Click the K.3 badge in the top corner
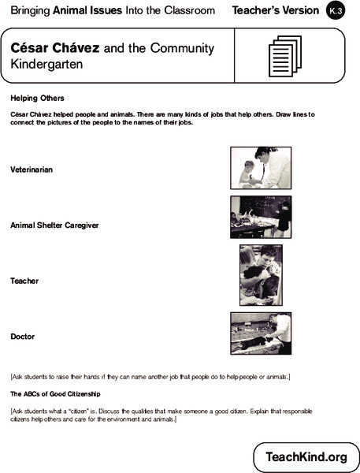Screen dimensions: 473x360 (335, 10)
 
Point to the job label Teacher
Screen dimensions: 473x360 (24, 281)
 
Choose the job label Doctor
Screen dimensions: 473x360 (22, 337)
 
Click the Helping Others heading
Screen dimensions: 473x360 (36, 99)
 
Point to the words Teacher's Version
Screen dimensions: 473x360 (274, 10)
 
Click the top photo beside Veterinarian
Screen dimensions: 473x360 (261, 168)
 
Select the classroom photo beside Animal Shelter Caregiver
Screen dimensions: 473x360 (261, 218)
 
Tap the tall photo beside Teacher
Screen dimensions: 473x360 (259, 275)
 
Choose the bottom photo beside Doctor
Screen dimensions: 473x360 (261, 333)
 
